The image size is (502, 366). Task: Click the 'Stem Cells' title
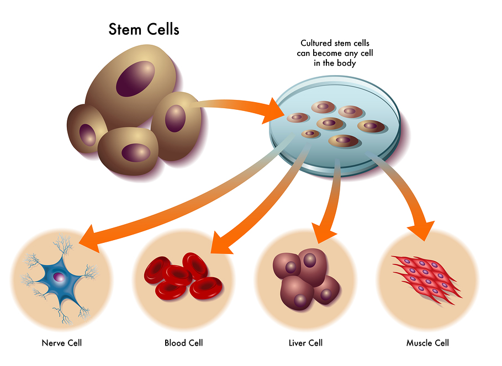point(144,29)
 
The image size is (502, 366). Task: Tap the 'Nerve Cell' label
point(62,343)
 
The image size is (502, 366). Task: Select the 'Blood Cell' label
point(183,343)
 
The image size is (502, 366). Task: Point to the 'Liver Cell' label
point(305,343)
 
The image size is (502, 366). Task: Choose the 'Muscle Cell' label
point(427,343)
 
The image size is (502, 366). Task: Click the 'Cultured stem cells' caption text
point(328,43)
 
